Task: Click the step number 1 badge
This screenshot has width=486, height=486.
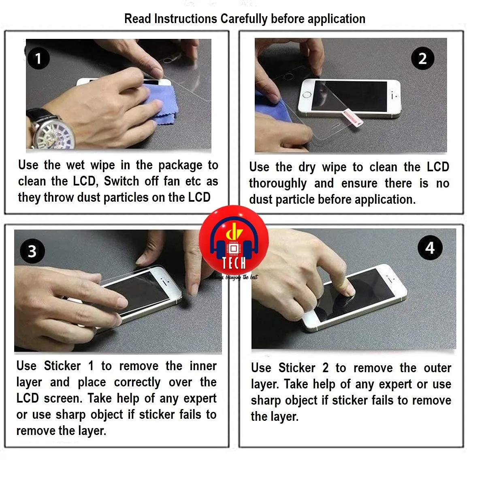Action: tap(38, 58)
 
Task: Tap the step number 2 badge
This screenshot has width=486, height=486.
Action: tap(422, 58)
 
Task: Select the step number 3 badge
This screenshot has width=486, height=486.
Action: tap(32, 251)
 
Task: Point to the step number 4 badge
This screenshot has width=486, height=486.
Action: tap(430, 247)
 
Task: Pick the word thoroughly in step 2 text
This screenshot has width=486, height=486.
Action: tap(277, 183)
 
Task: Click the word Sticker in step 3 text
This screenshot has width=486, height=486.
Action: tap(62, 366)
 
